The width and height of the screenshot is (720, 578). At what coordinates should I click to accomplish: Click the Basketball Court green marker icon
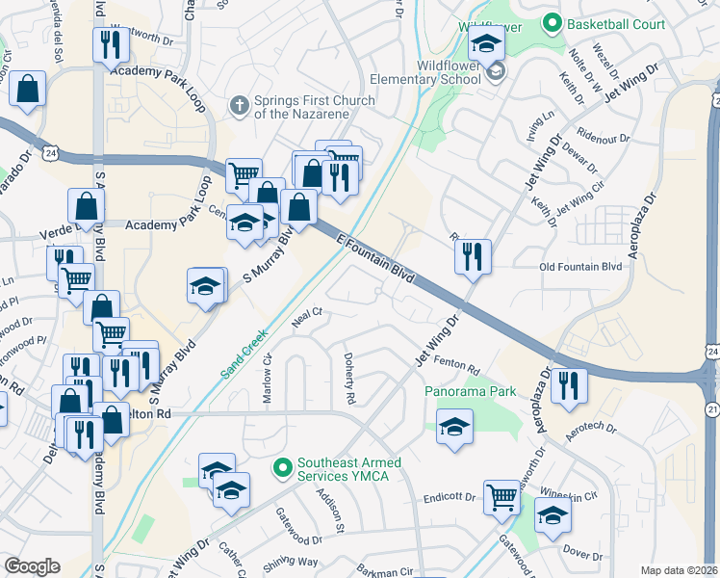[552, 21]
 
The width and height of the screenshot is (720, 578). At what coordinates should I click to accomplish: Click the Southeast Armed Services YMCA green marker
[282, 469]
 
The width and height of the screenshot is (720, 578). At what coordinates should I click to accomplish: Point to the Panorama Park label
[471, 392]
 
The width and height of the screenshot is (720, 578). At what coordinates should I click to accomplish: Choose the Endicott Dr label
[450, 500]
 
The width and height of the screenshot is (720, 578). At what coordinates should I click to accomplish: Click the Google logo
[32, 565]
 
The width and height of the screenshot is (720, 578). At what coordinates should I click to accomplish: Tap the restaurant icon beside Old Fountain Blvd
[473, 256]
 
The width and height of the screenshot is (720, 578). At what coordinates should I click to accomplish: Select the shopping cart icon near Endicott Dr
[501, 498]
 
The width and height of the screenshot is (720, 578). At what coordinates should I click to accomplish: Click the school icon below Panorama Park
[454, 425]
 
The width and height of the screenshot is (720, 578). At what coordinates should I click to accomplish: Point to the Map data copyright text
[679, 570]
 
